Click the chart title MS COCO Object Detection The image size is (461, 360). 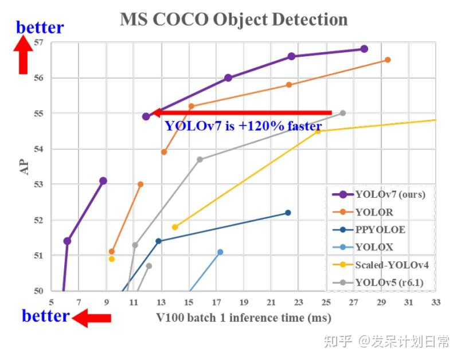click(233, 19)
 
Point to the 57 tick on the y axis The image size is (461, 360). click(39, 42)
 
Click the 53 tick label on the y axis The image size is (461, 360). click(39, 185)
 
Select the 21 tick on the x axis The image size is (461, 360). click(271, 302)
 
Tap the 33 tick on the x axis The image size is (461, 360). click(436, 302)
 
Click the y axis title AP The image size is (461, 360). click(24, 166)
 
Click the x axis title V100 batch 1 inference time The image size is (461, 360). click(243, 317)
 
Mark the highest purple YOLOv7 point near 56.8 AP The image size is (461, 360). click(364, 49)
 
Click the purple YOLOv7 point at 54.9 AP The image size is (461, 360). click(146, 116)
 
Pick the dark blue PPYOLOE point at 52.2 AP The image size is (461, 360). click(288, 213)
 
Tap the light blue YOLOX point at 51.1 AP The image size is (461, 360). click(220, 252)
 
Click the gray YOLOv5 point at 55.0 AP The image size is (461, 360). click(343, 113)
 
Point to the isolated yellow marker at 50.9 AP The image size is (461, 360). click(111, 259)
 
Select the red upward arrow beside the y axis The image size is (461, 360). click(23, 54)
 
